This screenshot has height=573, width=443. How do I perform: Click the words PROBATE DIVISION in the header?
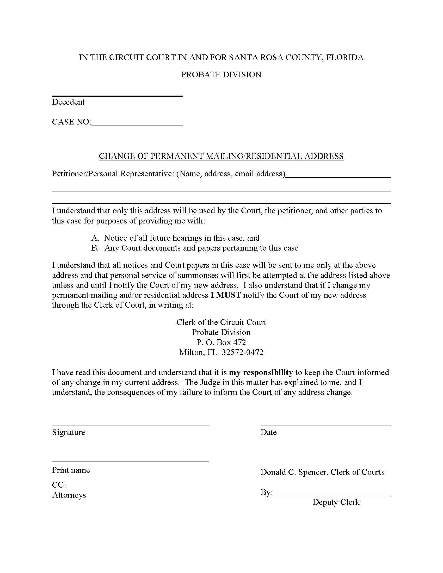coord(221,75)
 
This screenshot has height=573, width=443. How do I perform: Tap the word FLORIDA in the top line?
coord(344,58)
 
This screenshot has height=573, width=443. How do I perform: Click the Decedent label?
coord(68,102)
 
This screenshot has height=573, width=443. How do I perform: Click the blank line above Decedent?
coord(117,96)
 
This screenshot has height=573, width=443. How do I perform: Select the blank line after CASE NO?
coord(137,126)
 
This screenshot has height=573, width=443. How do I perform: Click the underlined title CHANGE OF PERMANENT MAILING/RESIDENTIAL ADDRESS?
coord(221,156)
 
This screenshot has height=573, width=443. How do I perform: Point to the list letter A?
coord(95,238)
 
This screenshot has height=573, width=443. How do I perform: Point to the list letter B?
coord(95,248)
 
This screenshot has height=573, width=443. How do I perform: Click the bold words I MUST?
coord(226,295)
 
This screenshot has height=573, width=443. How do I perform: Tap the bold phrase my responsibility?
coord(261,372)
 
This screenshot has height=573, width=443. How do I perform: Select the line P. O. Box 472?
coord(221,342)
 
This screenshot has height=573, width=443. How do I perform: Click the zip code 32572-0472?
coord(243,352)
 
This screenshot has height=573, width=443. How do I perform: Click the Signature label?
coord(69,432)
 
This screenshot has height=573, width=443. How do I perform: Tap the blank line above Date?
coord(325,426)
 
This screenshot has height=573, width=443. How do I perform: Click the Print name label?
coord(71,470)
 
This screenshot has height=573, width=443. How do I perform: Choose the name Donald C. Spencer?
coord(294,472)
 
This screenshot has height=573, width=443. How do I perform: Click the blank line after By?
coord(332,496)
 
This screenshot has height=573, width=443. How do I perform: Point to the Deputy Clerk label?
coord(336,502)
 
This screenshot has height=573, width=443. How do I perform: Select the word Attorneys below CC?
coord(69,495)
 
